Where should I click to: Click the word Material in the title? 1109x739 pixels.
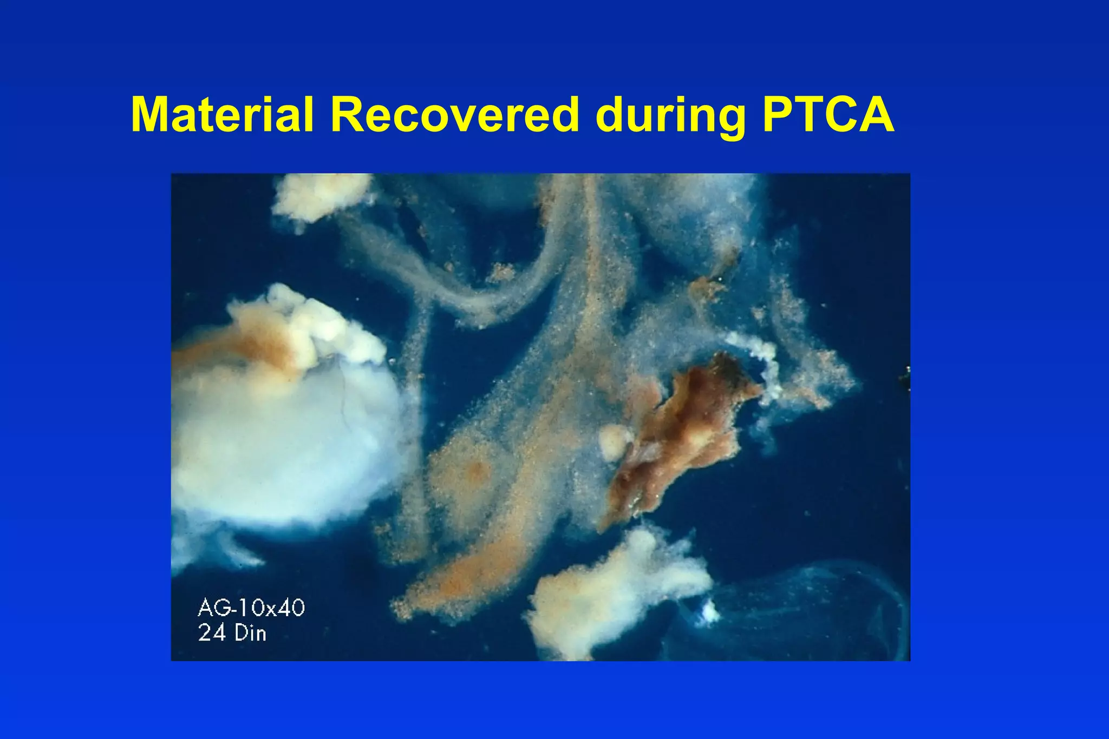(222, 115)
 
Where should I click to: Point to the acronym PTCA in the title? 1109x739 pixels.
(828, 115)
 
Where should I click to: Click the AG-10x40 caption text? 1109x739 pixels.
(251, 608)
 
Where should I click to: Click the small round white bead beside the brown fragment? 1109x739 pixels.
(615, 441)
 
